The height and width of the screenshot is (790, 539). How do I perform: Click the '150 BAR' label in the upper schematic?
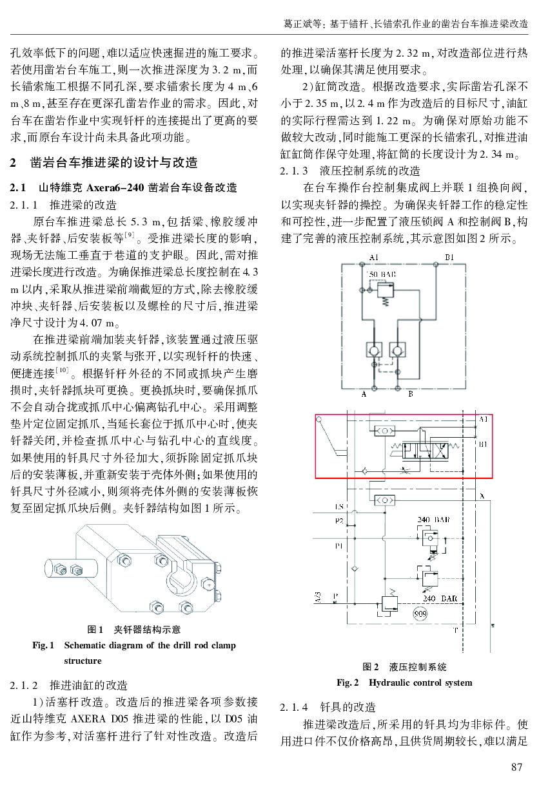click(x=381, y=274)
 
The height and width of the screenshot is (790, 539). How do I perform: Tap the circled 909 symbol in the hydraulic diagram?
click(x=420, y=614)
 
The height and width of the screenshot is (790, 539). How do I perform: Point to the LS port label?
click(x=338, y=507)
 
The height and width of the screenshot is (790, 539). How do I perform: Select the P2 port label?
click(x=338, y=521)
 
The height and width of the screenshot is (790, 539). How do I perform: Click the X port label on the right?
click(x=482, y=496)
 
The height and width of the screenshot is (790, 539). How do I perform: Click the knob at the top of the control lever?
click(x=319, y=419)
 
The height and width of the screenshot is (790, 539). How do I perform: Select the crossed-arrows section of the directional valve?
click(x=439, y=451)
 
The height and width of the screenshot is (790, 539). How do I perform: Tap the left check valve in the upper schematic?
click(x=374, y=350)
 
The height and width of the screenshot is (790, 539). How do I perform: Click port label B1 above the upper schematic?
click(x=449, y=258)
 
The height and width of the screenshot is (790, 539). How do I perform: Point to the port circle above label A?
click(x=375, y=389)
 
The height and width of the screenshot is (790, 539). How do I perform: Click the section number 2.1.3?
click(x=294, y=171)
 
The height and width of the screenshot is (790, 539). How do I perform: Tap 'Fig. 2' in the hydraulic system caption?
click(x=348, y=682)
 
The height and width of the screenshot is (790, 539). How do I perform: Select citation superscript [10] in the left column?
click(x=62, y=370)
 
